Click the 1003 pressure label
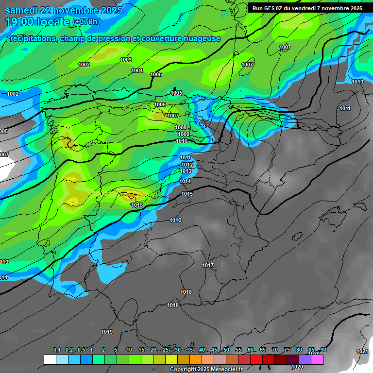(x=126, y=60)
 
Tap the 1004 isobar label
(x=137, y=70)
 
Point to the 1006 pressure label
(x=160, y=104)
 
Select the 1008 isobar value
(x=181, y=127)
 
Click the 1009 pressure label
(x=183, y=134)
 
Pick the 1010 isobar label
(x=182, y=141)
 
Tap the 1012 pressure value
(x=187, y=165)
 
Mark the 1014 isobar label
(x=185, y=181)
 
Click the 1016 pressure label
(x=175, y=220)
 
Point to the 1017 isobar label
(x=208, y=265)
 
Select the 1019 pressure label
(x=107, y=332)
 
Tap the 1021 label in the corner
(x=362, y=351)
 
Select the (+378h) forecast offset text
(x=86, y=21)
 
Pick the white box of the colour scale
(x=50, y=359)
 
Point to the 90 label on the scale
(x=323, y=350)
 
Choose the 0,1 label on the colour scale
(x=57, y=350)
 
